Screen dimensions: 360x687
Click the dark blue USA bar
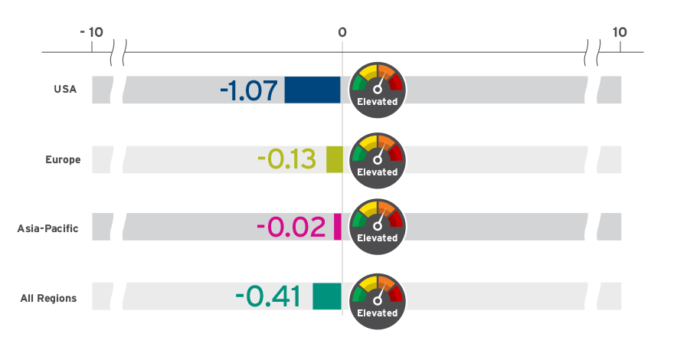click(312, 90)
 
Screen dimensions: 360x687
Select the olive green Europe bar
click(334, 159)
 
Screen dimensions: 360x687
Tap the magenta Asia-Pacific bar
click(338, 227)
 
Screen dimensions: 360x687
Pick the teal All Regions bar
click(326, 296)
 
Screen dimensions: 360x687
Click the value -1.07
click(248, 91)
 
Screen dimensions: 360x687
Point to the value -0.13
click(286, 160)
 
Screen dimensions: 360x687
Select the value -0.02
click(291, 227)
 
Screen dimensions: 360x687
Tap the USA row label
click(65, 90)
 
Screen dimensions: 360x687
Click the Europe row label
click(63, 159)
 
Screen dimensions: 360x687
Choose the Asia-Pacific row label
click(47, 228)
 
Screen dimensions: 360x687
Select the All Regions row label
click(48, 298)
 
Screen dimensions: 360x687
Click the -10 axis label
click(91, 32)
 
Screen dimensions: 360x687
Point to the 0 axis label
click(342, 32)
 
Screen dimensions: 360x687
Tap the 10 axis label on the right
click(620, 32)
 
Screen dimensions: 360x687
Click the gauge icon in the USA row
click(377, 87)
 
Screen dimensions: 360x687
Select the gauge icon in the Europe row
click(377, 157)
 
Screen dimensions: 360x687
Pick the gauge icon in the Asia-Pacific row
click(377, 224)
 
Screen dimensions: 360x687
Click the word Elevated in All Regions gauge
click(377, 313)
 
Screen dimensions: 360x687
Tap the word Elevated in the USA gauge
click(377, 102)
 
